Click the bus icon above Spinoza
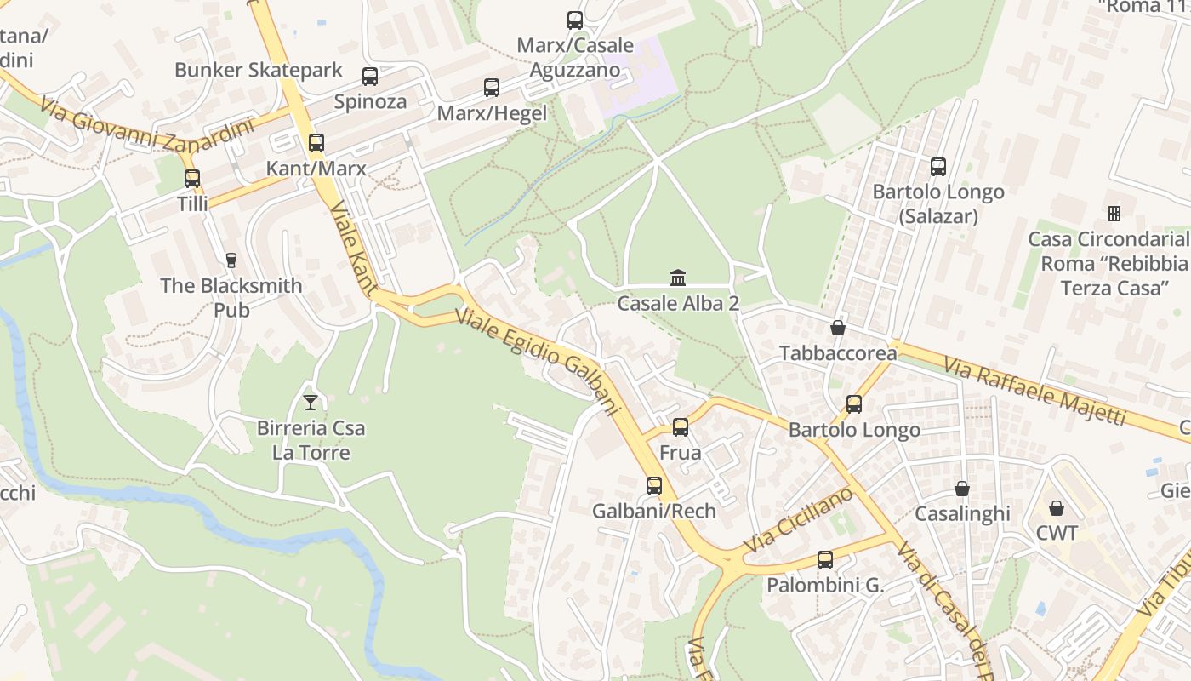pyautogui.click(x=370, y=77)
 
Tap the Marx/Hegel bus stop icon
pyautogui.click(x=492, y=87)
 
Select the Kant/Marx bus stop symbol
pyautogui.click(x=316, y=143)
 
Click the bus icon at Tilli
pyautogui.click(x=192, y=179)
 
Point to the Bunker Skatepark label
pyautogui.click(x=259, y=70)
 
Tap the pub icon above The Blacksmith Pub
pyautogui.click(x=231, y=260)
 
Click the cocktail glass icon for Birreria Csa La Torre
pyautogui.click(x=311, y=402)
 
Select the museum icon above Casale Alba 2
pyautogui.click(x=678, y=278)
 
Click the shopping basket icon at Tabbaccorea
pyautogui.click(x=838, y=328)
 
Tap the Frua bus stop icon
pyautogui.click(x=681, y=427)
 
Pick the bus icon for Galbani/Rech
pyautogui.click(x=654, y=486)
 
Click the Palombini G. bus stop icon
pyautogui.click(x=825, y=560)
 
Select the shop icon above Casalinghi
pyautogui.click(x=962, y=489)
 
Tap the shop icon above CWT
pyautogui.click(x=1057, y=508)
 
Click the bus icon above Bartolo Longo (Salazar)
pyautogui.click(x=938, y=167)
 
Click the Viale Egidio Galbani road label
pyautogui.click(x=536, y=362)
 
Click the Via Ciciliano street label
pyautogui.click(x=797, y=519)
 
